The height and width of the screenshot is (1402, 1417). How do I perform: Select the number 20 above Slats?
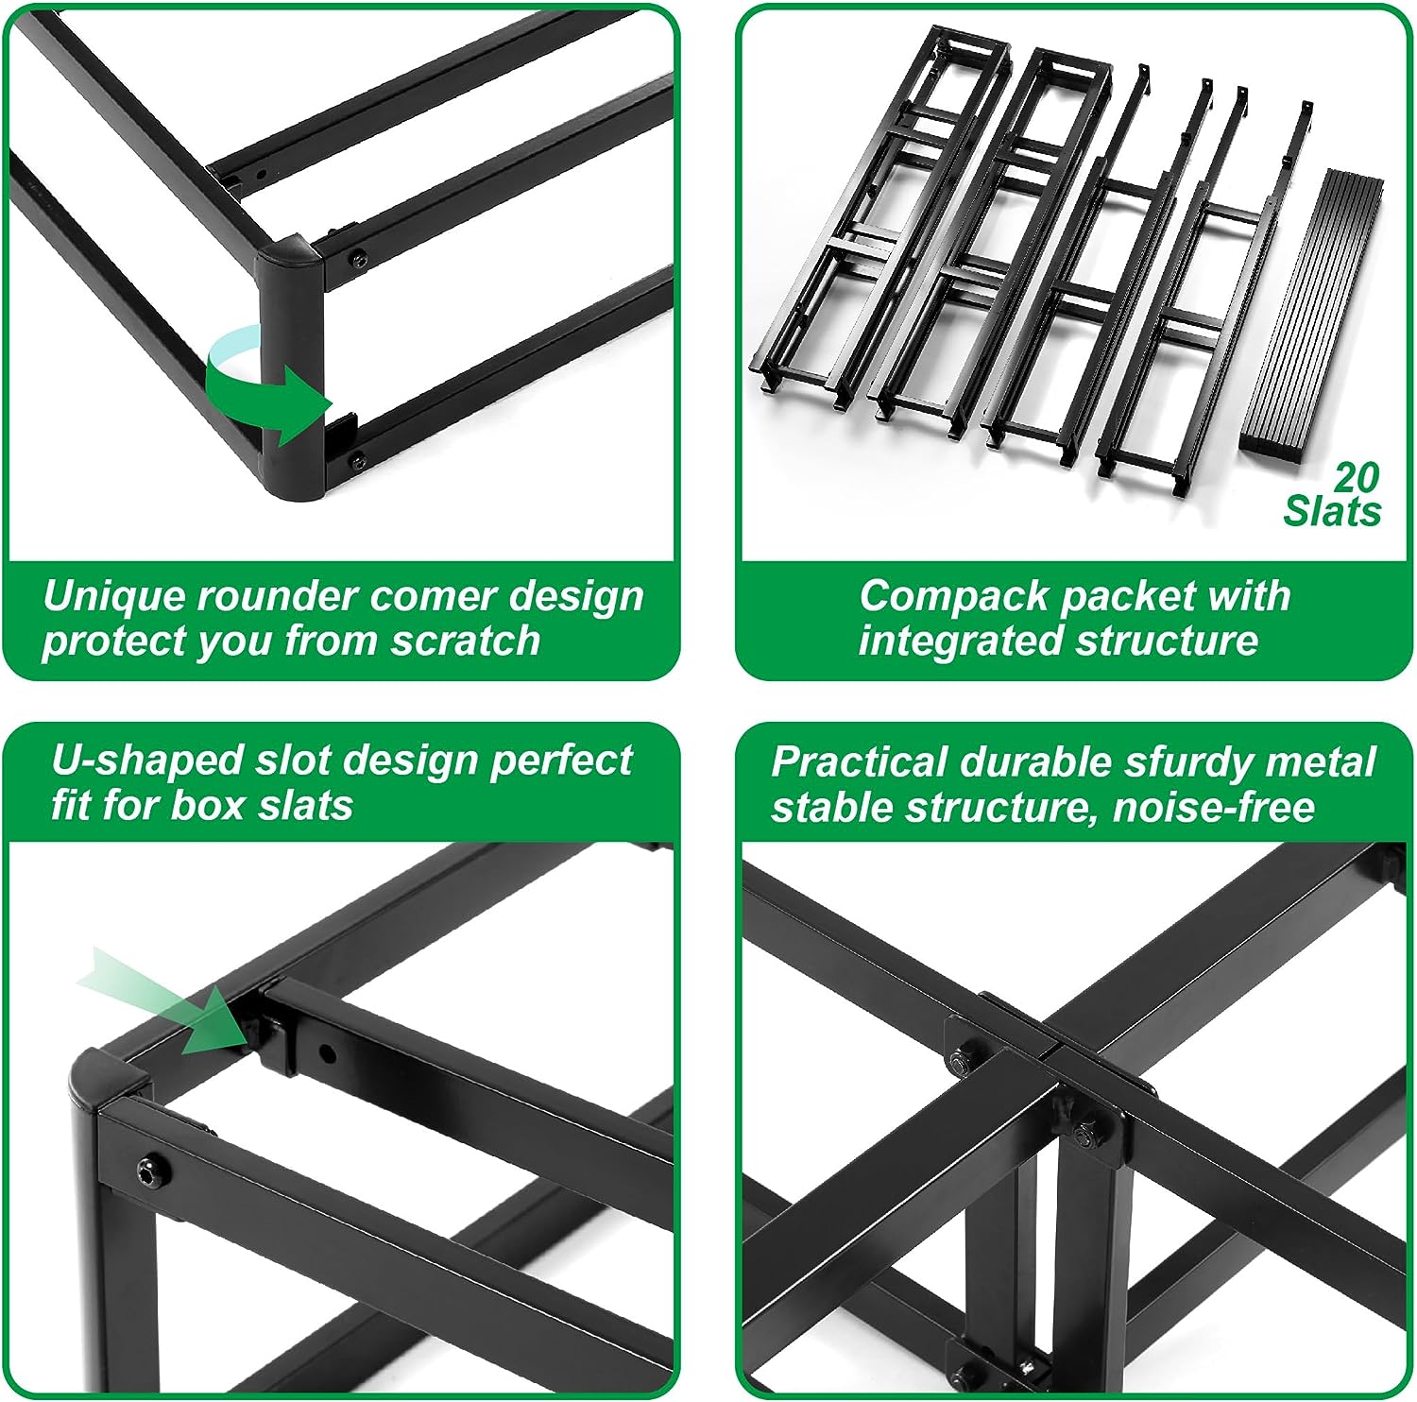[x=1357, y=478]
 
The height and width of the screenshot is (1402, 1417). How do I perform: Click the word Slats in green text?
[x=1332, y=511]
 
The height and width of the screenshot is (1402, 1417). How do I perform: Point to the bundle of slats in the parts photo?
[x=1308, y=312]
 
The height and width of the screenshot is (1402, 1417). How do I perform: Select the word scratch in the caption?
[x=466, y=641]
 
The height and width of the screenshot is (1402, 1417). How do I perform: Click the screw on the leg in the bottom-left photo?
[x=153, y=1172]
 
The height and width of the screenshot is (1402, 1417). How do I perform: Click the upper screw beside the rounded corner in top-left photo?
[x=358, y=257]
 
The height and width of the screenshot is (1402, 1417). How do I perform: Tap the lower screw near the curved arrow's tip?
[x=358, y=460]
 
